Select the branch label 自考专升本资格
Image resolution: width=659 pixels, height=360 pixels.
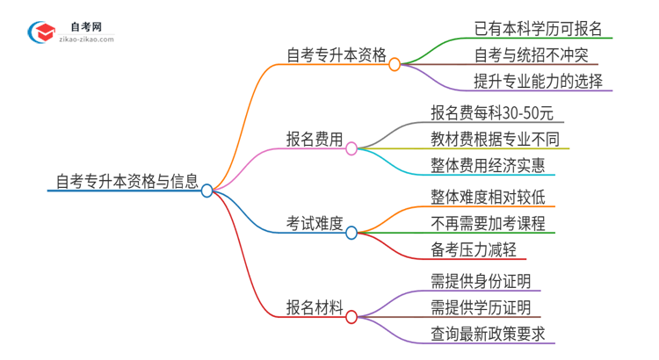(337, 55)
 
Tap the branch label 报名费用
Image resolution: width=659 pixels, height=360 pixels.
(314, 140)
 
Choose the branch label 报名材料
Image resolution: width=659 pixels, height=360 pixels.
(314, 306)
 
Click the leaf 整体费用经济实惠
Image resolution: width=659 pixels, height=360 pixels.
(488, 165)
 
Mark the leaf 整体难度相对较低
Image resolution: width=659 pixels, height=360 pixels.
(489, 196)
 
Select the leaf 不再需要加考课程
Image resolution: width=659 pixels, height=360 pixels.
(489, 223)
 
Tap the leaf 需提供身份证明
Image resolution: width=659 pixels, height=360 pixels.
(481, 281)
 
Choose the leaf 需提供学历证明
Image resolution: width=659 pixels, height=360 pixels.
(481, 307)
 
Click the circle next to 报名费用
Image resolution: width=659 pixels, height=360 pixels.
(351, 148)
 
